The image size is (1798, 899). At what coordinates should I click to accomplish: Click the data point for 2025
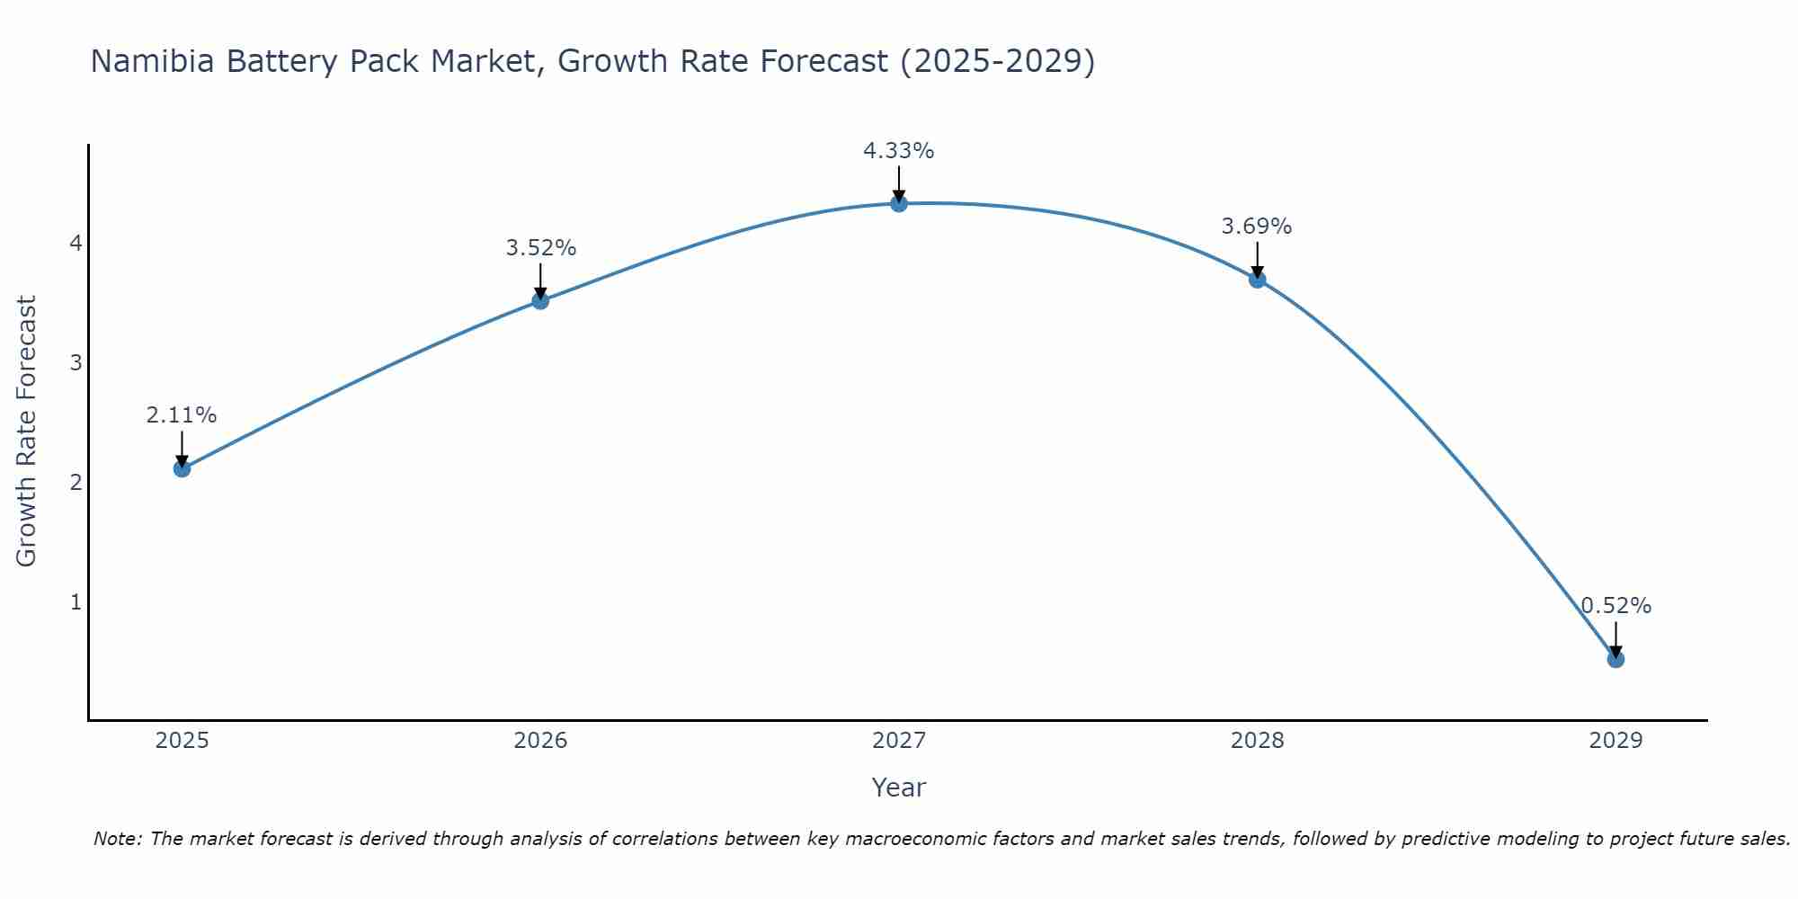coord(182,468)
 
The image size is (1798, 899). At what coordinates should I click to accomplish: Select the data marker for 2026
coord(540,300)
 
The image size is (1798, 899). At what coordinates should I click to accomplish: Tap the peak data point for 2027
coord(899,204)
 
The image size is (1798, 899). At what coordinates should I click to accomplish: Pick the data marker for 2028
coord(1257,280)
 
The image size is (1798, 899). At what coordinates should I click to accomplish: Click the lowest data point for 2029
coord(1616,659)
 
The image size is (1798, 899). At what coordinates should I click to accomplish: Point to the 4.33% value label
coord(899,151)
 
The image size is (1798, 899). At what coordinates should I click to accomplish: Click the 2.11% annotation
coord(182,415)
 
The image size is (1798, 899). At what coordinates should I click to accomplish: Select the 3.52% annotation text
coord(540,248)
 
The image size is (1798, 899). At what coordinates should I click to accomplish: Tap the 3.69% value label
coord(1257,227)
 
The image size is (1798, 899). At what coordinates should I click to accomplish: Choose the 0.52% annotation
coord(1616,606)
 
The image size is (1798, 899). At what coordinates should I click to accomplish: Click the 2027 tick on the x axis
coord(899,741)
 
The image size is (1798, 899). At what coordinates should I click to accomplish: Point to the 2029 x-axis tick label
coord(1616,741)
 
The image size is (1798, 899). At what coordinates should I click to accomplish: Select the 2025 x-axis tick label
coord(182,741)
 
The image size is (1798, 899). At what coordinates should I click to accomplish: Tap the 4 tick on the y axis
coord(76,244)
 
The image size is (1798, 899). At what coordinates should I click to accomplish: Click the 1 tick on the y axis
coord(76,601)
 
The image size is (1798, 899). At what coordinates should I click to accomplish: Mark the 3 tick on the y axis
coord(76,363)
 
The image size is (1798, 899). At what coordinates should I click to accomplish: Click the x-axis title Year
coord(899,788)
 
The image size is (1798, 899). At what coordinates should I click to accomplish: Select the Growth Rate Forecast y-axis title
coord(27,432)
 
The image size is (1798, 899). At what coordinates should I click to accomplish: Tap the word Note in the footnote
coord(117,839)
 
